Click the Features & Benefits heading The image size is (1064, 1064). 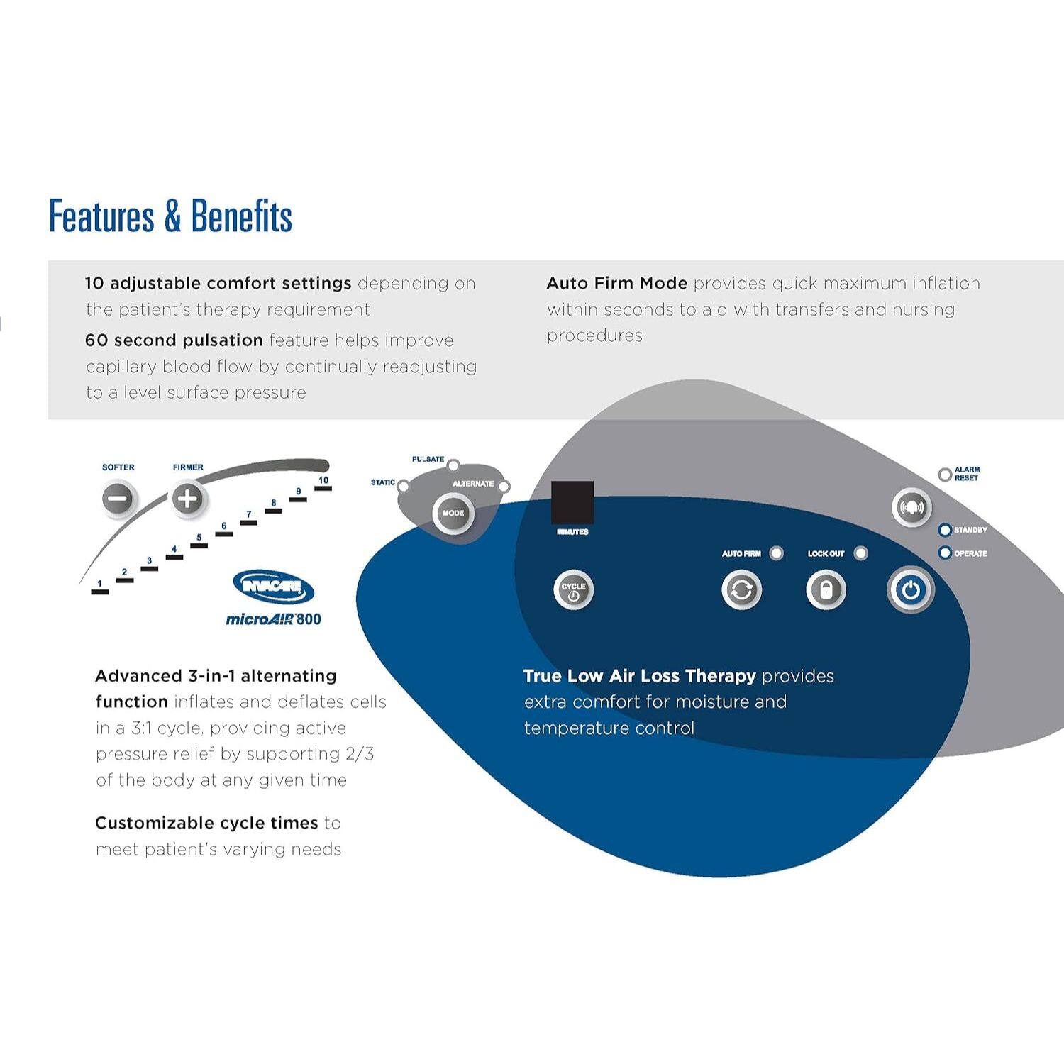[x=170, y=216]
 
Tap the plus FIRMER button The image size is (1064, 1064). [x=187, y=499]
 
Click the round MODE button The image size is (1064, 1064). [x=453, y=513]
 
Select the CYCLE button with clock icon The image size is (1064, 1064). [x=573, y=590]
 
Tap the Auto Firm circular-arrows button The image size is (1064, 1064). [x=741, y=590]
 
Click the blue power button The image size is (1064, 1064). [x=911, y=590]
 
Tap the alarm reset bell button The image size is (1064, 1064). [x=911, y=507]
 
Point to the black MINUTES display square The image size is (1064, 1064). [x=572, y=503]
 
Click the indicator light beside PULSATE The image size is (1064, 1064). [x=453, y=466]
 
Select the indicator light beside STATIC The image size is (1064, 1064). [x=403, y=486]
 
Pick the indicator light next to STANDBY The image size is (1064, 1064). [x=945, y=531]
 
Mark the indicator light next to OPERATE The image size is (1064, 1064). [x=945, y=553]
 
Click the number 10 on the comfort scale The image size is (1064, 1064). [x=323, y=480]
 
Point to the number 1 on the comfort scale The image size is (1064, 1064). [x=100, y=584]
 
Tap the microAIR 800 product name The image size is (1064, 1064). [x=273, y=619]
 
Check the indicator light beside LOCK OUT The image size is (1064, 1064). [x=860, y=553]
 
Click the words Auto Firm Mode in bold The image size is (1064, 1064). [x=616, y=284]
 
